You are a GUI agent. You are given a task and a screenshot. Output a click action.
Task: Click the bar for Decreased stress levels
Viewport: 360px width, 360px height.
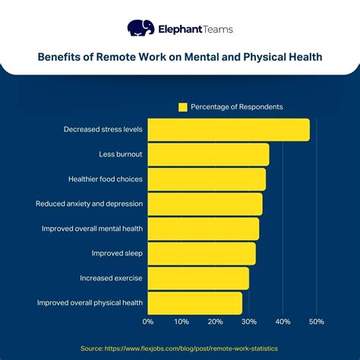click(x=228, y=130)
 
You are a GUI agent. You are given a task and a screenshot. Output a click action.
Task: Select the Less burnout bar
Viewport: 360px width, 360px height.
click(x=208, y=155)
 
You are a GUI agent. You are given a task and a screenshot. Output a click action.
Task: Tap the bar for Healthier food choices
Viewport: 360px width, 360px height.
click(x=207, y=179)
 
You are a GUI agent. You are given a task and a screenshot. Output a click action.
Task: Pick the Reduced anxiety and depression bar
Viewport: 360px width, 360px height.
click(x=205, y=204)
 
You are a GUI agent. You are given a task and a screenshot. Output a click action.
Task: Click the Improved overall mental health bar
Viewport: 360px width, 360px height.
click(x=203, y=229)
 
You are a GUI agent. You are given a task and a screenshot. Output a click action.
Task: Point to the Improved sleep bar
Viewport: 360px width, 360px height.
click(x=201, y=254)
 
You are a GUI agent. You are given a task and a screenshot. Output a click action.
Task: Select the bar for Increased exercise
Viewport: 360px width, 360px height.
click(x=198, y=278)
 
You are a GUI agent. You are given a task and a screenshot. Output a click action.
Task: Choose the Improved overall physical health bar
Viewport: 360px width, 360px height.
click(x=194, y=303)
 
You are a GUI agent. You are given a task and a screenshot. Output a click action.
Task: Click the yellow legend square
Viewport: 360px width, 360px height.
click(x=182, y=107)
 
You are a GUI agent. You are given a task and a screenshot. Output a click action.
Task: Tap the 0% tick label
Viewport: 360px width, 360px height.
click(x=148, y=321)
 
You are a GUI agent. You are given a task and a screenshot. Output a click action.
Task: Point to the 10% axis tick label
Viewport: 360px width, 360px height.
click(x=182, y=321)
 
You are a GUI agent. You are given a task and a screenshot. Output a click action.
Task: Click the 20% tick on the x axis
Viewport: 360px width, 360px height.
click(x=216, y=321)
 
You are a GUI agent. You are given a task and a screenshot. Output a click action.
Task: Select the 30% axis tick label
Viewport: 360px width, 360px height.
click(x=249, y=321)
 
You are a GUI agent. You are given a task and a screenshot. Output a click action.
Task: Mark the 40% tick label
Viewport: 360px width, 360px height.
click(x=283, y=321)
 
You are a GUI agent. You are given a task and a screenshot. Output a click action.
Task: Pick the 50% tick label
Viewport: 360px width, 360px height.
click(x=317, y=321)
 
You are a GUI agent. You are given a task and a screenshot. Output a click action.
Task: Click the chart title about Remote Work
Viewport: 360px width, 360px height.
click(x=180, y=56)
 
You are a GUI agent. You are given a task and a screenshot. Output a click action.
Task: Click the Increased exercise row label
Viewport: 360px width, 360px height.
click(x=111, y=278)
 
